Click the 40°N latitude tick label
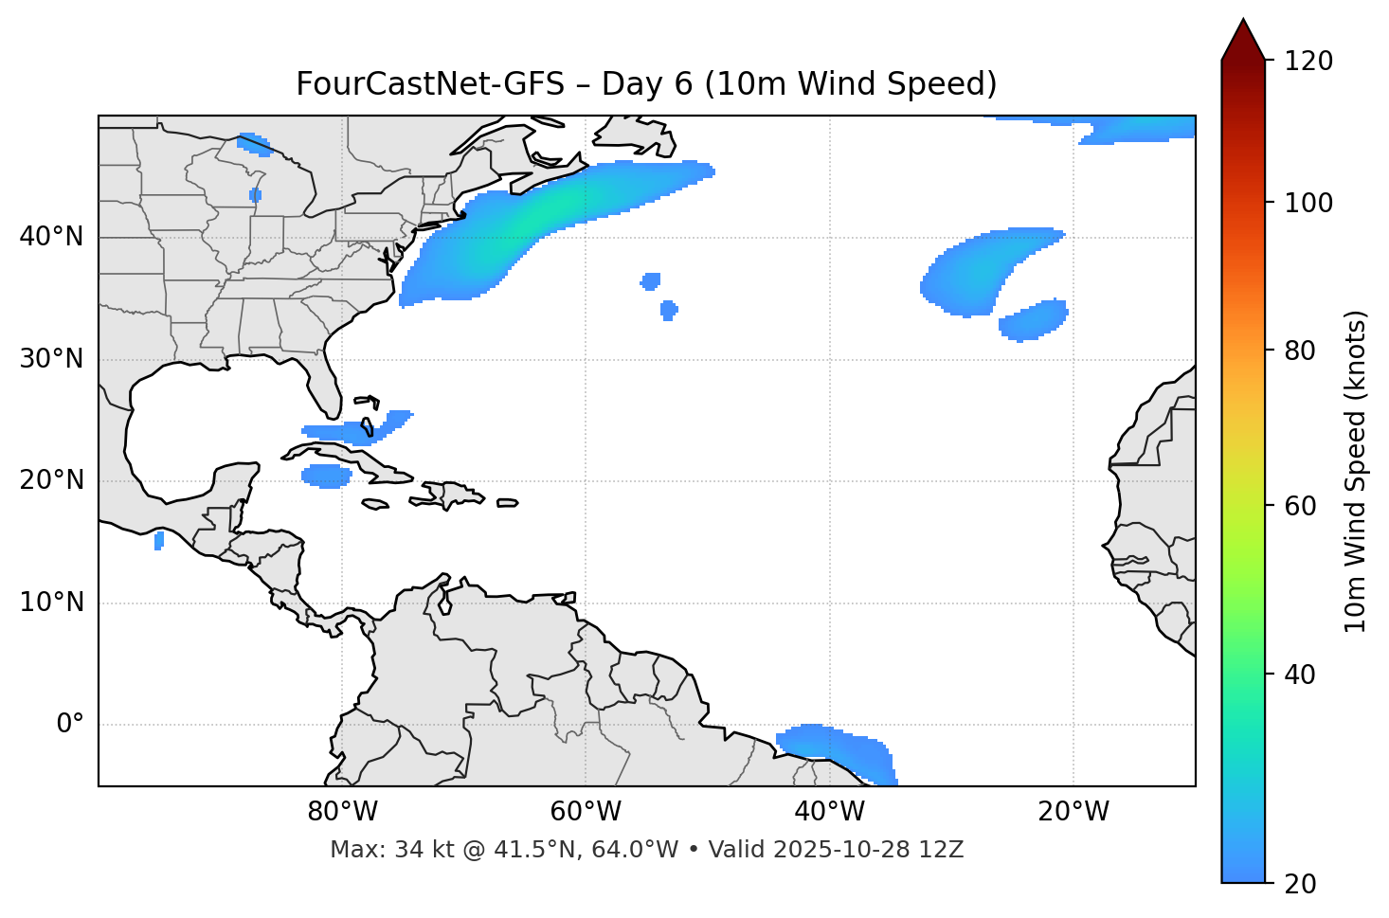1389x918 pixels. click(51, 237)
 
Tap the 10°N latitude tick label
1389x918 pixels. click(51, 603)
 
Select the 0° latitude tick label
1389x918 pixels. click(70, 725)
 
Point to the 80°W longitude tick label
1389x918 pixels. click(342, 812)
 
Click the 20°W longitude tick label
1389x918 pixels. click(1073, 812)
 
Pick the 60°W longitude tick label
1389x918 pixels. click(586, 812)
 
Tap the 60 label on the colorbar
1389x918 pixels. click(1300, 506)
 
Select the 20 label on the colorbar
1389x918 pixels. click(1300, 884)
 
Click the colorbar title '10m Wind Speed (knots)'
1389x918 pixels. click(1356, 472)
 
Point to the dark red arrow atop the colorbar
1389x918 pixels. click(1243, 41)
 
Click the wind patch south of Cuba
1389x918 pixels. click(327, 476)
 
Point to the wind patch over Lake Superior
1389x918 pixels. click(254, 144)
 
